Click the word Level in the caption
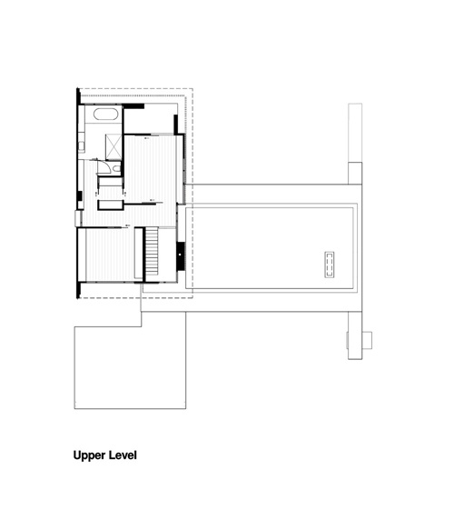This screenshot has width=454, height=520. click(124, 455)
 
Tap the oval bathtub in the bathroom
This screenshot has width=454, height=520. click(106, 114)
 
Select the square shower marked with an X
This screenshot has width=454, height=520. click(113, 147)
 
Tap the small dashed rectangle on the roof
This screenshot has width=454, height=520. click(330, 265)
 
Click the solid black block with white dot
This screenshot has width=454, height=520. click(180, 256)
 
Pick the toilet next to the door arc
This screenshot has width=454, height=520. click(117, 169)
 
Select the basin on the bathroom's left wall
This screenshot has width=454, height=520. click(81, 146)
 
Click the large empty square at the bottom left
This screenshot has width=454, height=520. click(130, 367)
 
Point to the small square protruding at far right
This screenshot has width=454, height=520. click(367, 340)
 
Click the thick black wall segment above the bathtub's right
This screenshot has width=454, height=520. click(133, 106)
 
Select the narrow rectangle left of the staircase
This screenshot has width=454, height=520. click(138, 254)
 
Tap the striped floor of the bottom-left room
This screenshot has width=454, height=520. click(110, 255)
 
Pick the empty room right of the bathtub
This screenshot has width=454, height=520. click(149, 120)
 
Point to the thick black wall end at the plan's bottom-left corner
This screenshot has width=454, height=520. click(78, 290)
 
